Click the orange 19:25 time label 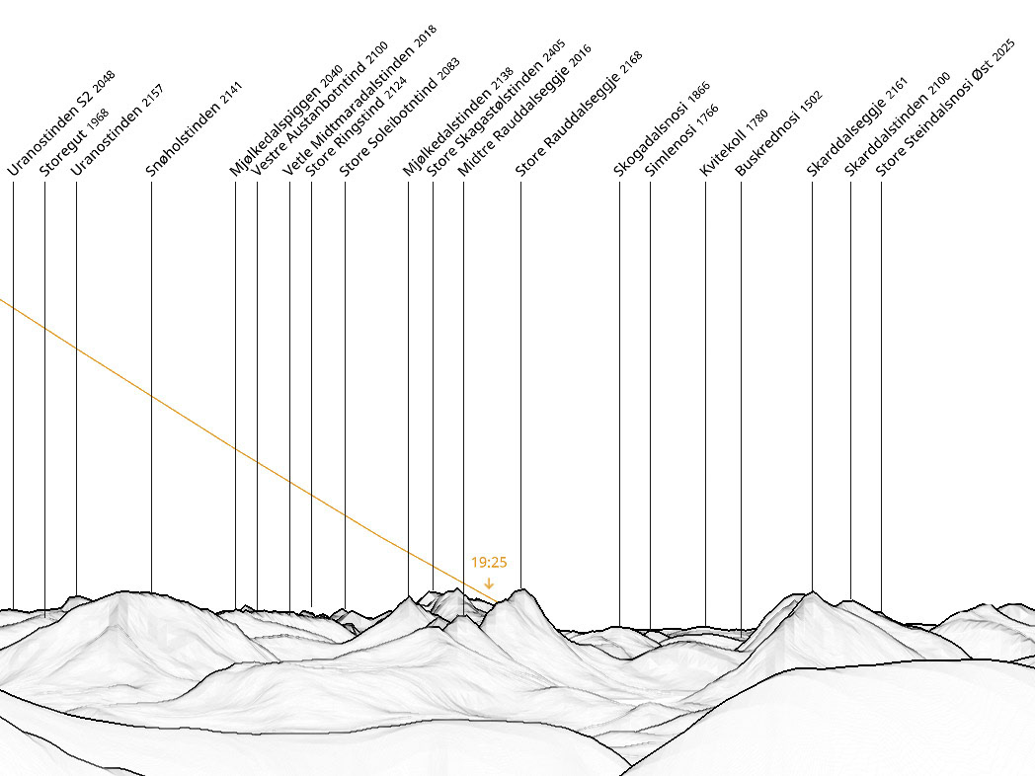point(489,563)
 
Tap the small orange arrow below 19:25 point(489,582)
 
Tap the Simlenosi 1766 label point(681,139)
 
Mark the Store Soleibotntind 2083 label point(399,116)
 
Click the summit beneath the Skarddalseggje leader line point(812,592)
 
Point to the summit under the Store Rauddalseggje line point(520,590)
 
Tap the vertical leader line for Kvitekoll point(705,395)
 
